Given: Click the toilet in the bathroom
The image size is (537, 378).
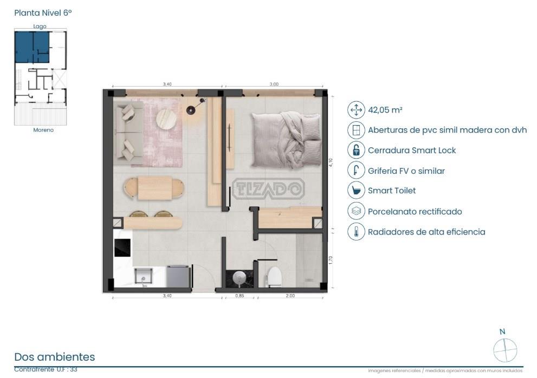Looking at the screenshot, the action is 274,276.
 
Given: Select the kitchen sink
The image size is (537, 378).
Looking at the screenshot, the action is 144,276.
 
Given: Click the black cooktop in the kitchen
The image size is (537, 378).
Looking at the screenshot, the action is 122,247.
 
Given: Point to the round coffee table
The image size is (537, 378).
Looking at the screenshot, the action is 166,119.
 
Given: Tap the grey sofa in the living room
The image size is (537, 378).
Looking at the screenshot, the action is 128,133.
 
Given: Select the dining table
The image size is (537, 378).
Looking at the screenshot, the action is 154,188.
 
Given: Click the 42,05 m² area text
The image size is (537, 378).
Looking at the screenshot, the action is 385,110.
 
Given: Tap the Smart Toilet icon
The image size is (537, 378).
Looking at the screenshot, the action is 356,191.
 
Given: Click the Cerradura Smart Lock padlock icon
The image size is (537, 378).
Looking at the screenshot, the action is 356,150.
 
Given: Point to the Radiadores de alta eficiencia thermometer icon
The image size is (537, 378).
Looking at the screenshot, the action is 356,231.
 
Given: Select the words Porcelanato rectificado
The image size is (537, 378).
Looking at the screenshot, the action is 415,211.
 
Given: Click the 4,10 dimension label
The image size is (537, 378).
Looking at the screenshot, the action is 331,162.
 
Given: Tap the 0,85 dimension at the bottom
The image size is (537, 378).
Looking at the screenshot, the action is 240,296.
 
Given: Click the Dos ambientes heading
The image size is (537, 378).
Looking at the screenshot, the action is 54,357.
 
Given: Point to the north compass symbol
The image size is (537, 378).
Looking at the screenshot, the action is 505,350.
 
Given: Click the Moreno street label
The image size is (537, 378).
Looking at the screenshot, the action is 43,130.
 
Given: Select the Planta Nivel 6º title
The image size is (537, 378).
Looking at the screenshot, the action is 43,12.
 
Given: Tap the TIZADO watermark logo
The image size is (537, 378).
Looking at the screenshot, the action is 269,188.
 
